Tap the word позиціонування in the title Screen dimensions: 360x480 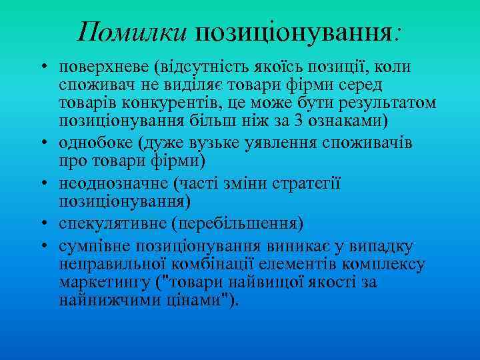(x=294, y=32)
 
